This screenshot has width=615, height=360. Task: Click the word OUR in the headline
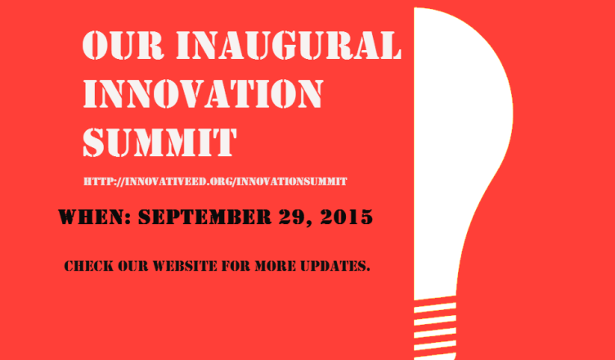[123, 46]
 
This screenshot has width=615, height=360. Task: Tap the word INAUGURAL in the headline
[289, 46]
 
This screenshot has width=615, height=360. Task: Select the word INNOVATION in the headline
[203, 94]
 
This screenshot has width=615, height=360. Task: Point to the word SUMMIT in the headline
[159, 142]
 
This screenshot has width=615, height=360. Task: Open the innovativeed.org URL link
[215, 182]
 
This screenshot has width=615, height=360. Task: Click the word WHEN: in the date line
[95, 217]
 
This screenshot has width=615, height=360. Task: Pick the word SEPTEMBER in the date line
[204, 217]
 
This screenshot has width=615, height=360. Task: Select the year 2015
[346, 217]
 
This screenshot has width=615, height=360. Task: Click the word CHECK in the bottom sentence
[86, 266]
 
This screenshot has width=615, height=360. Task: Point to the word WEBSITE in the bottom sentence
[185, 266]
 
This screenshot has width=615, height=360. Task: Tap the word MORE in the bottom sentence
[276, 266]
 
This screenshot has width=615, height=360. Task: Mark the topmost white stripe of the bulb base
[435, 307]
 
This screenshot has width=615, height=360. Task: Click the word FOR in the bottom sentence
[236, 266]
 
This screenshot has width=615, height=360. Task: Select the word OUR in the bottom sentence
[131, 266]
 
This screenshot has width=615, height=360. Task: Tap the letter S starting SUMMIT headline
[95, 142]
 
